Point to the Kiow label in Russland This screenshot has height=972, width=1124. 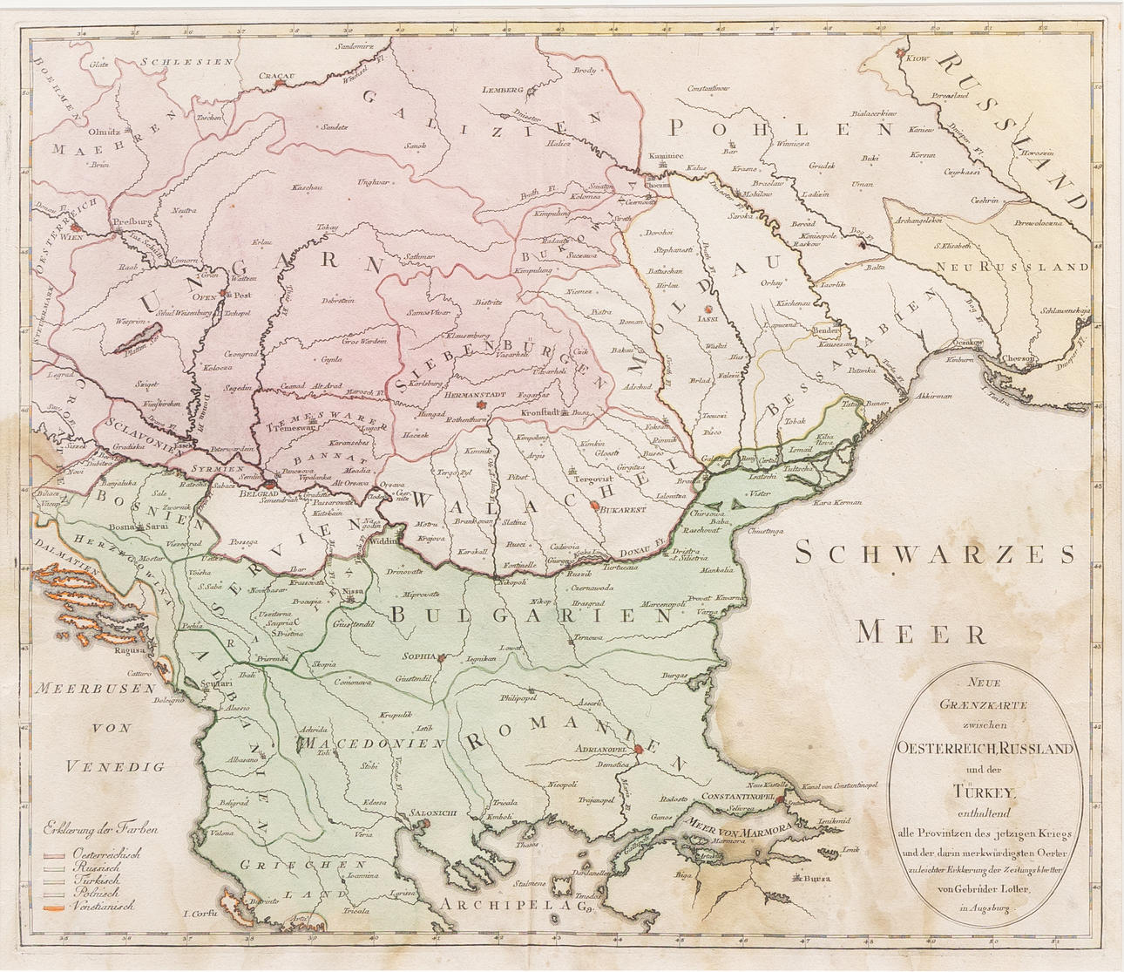tap(919, 59)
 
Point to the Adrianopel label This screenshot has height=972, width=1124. tap(607, 748)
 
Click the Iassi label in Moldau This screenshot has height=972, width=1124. tap(707, 320)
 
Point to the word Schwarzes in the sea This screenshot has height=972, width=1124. tap(936, 554)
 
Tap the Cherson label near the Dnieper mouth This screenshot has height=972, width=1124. tap(1018, 357)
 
